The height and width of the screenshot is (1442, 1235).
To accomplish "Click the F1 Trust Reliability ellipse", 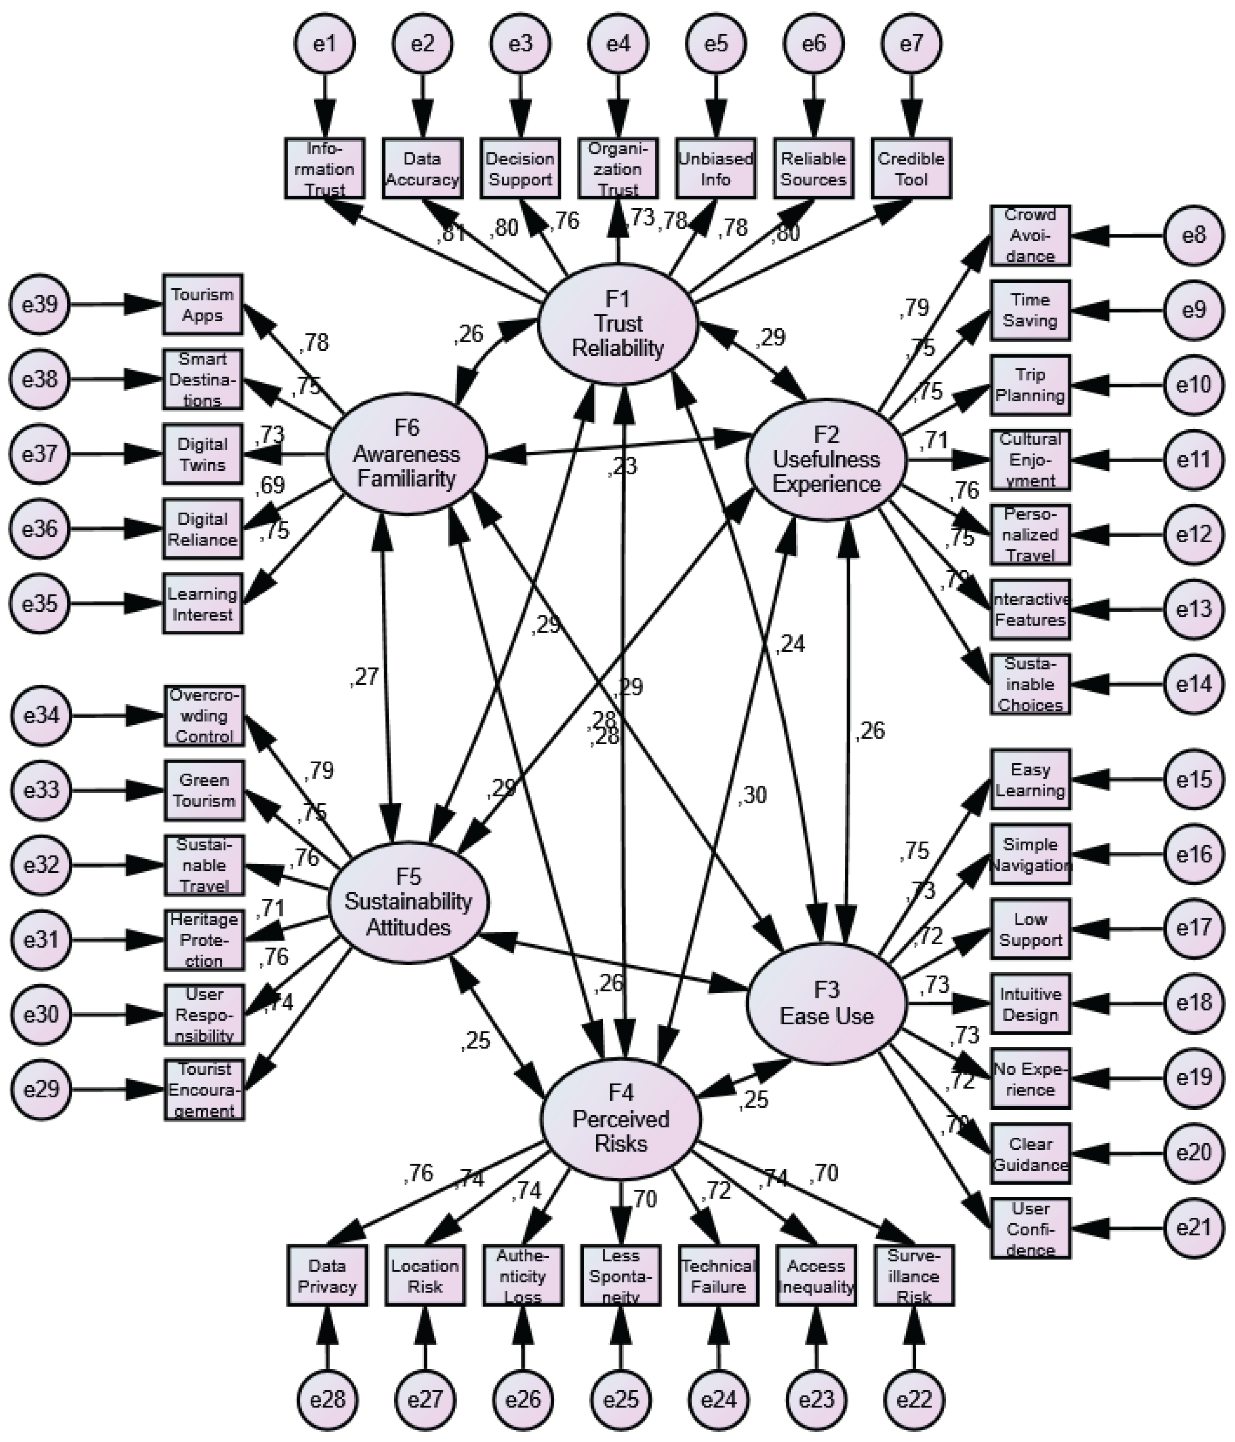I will (617, 324).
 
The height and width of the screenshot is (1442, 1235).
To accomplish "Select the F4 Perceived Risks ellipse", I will (620, 1119).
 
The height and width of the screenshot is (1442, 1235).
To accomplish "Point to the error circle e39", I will (40, 304).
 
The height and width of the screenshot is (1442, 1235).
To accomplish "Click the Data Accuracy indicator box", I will (422, 168).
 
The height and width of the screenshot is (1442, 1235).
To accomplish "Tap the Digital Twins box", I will (202, 454).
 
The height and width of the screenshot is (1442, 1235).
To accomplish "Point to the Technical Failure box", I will (718, 1276).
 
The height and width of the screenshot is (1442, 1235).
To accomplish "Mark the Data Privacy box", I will (326, 1276).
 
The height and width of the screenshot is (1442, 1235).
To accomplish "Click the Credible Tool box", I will (911, 168).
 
